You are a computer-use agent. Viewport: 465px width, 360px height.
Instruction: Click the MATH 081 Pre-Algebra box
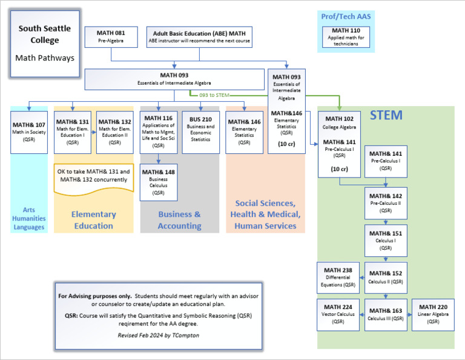coord(111,37)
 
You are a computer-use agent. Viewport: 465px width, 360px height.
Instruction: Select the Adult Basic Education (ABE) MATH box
coord(199,37)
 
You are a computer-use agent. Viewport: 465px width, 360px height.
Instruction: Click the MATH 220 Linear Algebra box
coord(433,314)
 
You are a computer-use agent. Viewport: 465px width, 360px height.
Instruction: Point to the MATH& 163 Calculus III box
coord(386,314)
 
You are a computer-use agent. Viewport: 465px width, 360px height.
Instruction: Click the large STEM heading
coord(386,115)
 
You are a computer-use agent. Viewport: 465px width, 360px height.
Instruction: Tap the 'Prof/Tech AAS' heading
coord(346,16)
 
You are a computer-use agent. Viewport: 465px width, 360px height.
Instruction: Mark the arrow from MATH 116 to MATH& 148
coord(159,159)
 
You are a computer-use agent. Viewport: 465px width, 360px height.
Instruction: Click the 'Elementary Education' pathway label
coord(93,219)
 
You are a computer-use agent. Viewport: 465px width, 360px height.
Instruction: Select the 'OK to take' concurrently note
coord(93,176)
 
